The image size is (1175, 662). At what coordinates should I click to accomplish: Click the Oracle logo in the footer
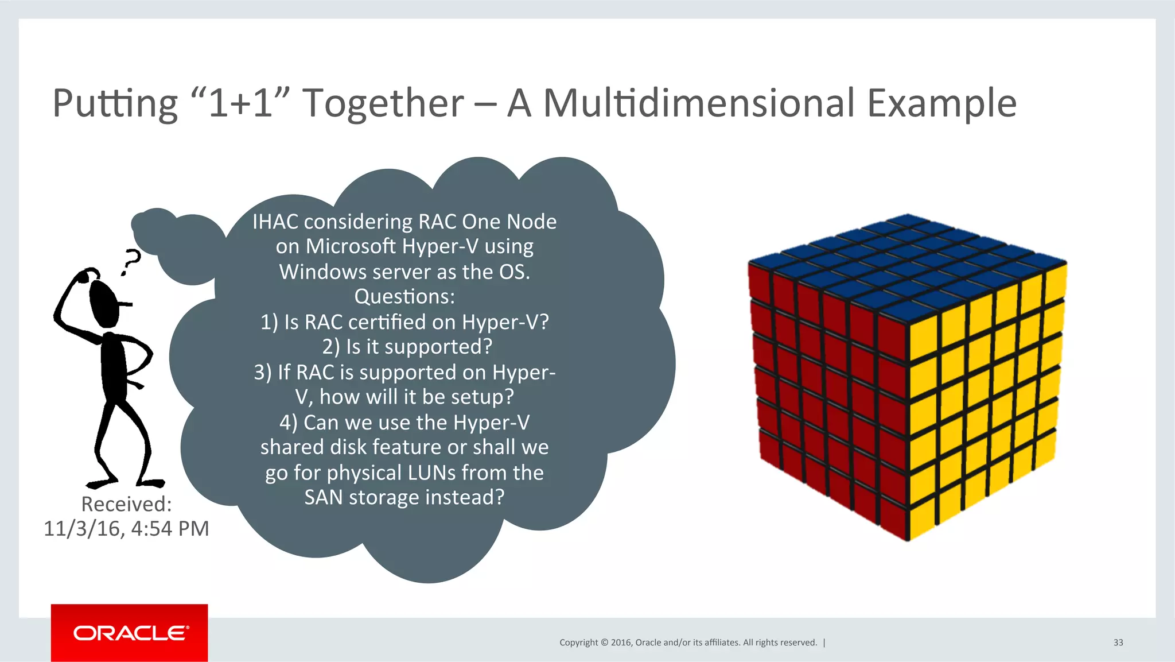pyautogui.click(x=130, y=633)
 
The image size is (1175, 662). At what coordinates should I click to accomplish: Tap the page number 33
pyautogui.click(x=1118, y=642)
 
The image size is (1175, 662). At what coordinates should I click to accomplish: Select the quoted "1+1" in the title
pyautogui.click(x=239, y=103)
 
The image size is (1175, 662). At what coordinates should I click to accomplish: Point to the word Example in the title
pyautogui.click(x=941, y=104)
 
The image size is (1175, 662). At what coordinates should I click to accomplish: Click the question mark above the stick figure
pyautogui.click(x=131, y=262)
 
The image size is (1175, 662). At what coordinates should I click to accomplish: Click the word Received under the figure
pyautogui.click(x=126, y=504)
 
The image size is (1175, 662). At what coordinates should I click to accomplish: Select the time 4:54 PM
pyautogui.click(x=170, y=529)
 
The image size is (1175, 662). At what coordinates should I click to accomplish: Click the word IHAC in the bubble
pyautogui.click(x=275, y=222)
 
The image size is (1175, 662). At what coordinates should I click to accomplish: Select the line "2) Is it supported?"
pyautogui.click(x=407, y=347)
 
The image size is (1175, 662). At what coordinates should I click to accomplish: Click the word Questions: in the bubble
pyautogui.click(x=404, y=297)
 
